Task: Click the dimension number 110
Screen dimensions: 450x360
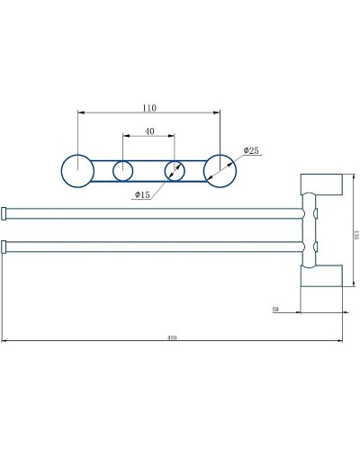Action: click(x=149, y=108)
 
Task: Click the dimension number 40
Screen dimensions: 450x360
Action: click(x=149, y=131)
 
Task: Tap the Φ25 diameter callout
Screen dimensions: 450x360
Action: click(x=250, y=151)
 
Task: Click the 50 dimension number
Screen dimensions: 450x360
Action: click(x=275, y=309)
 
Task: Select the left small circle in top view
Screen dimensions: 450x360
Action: click(x=123, y=170)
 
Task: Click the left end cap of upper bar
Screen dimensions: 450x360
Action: click(x=4, y=213)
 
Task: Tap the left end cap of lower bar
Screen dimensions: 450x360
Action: click(x=4, y=246)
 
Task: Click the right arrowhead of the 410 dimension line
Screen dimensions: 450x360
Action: click(x=337, y=341)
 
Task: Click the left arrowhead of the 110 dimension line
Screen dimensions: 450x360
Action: click(x=82, y=112)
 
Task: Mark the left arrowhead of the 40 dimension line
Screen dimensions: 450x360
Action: click(x=126, y=136)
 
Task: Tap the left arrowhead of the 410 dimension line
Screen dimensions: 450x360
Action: click(x=5, y=341)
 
